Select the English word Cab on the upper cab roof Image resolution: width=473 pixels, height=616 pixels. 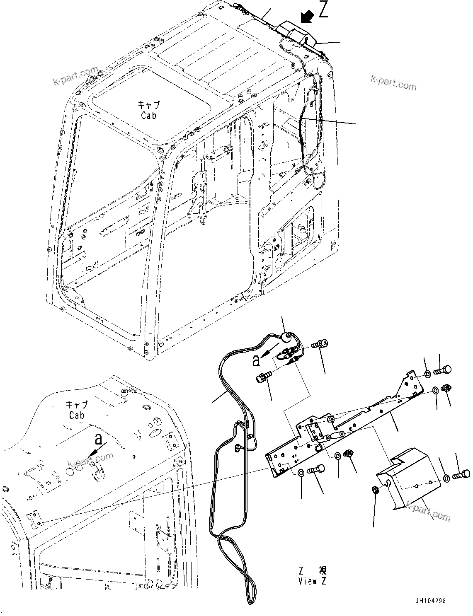(x=148, y=116)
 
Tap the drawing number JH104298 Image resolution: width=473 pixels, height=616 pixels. (x=429, y=601)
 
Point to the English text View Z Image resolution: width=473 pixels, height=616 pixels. (x=312, y=581)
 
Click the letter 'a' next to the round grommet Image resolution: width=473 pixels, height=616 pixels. (x=257, y=361)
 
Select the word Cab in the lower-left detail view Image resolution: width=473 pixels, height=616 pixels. (x=77, y=415)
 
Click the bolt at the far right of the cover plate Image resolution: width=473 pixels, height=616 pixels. (x=462, y=473)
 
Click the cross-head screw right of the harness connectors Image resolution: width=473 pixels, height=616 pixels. (x=321, y=343)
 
